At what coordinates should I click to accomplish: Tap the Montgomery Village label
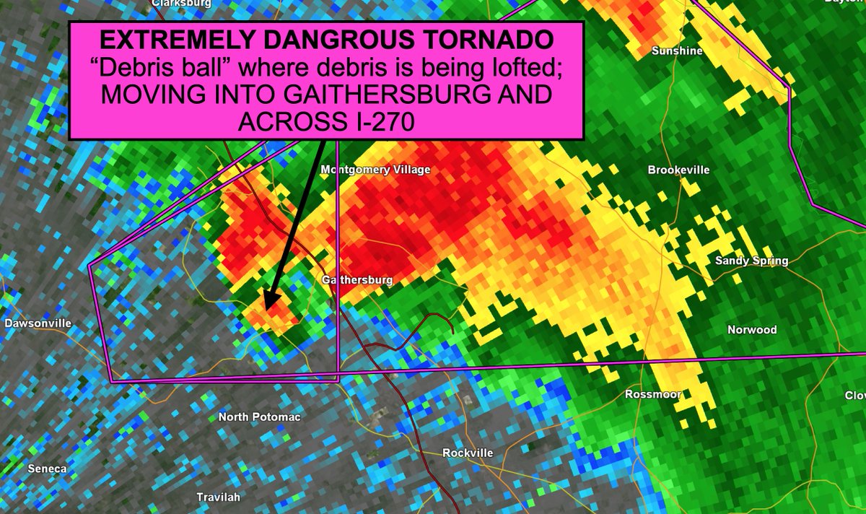(375, 170)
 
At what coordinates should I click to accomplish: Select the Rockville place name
(468, 453)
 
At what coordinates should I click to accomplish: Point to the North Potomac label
(259, 417)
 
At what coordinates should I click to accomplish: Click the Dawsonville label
(38, 323)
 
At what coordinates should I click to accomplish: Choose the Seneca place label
(47, 469)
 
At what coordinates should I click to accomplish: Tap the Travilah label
(219, 497)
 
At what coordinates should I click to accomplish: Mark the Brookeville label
(678, 170)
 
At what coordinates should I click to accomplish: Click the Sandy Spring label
(751, 261)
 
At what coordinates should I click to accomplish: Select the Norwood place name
(752, 330)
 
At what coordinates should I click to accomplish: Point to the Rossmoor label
(654, 394)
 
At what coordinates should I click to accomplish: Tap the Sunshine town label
(677, 51)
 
